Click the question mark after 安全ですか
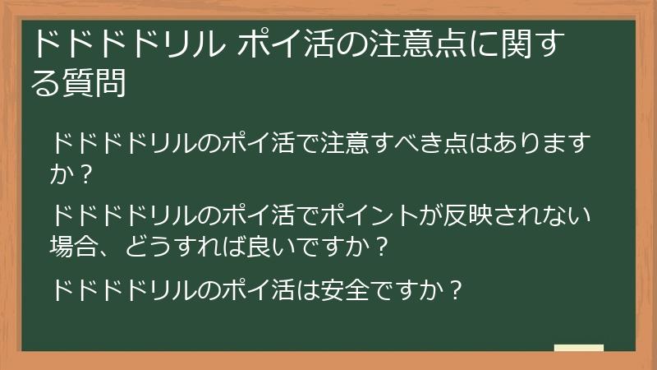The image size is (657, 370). (457, 289)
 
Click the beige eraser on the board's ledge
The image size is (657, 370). (579, 348)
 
